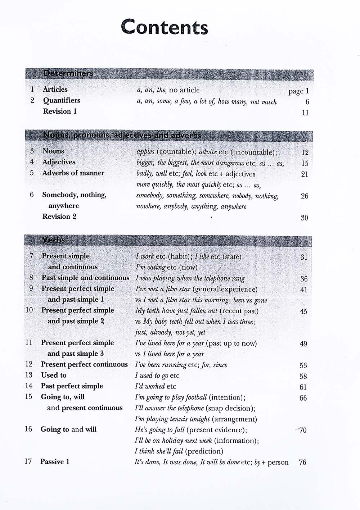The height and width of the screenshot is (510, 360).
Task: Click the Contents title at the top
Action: point(165,27)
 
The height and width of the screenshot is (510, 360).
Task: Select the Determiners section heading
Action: point(68,73)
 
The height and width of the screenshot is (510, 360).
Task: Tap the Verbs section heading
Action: point(53,240)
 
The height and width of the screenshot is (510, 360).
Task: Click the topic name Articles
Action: point(55,89)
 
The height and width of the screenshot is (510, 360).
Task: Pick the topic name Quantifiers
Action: point(62,100)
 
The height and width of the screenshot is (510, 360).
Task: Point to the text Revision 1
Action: point(60,111)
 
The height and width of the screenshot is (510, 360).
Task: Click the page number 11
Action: point(305,113)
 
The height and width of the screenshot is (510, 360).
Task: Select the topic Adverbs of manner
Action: point(73,173)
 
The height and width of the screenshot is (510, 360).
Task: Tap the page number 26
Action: point(305,196)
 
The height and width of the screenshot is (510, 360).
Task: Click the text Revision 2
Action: point(59,217)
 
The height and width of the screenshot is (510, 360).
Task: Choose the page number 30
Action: point(304,218)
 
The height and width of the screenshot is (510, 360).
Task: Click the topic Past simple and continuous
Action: point(85,278)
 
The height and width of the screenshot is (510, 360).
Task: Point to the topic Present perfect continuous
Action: point(84,364)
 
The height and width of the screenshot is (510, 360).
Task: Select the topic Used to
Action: point(54,375)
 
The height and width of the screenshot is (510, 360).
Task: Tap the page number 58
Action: point(303,376)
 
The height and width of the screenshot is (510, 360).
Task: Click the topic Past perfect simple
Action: point(72,386)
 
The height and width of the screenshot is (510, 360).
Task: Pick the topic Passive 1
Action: point(55,461)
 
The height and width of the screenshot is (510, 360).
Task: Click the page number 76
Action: point(302,462)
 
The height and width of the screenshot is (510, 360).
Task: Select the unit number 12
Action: point(29,364)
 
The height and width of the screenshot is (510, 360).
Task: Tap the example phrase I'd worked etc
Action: point(155,386)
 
